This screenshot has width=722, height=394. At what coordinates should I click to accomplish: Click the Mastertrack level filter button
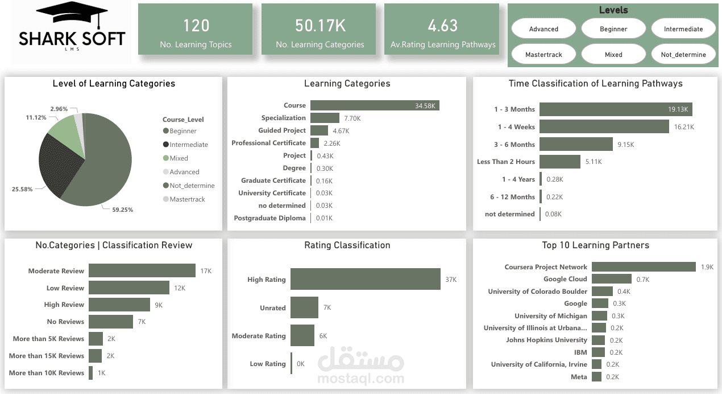coord(543,55)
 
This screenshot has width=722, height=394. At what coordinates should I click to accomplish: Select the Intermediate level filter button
coord(683,29)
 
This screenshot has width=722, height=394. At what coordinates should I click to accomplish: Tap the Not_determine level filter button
coord(683,55)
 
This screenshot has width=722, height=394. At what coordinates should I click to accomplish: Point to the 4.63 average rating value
coord(443,26)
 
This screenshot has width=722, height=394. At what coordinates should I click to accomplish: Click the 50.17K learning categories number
coord(319,26)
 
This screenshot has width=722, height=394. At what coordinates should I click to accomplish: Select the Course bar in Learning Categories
coord(375,105)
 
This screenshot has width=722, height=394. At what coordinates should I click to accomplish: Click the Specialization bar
coord(325,118)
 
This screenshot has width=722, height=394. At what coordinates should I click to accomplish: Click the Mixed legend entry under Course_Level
coord(179,158)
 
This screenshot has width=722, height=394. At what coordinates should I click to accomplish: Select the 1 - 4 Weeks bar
coord(604,127)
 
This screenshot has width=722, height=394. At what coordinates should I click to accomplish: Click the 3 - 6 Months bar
coord(576,144)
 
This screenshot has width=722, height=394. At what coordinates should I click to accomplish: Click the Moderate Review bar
coord(142,271)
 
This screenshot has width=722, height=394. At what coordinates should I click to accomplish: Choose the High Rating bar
coord(365,280)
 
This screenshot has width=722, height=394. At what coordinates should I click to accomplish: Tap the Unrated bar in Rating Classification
coord(304,307)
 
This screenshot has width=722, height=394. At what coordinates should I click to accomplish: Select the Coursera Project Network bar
coord(644,267)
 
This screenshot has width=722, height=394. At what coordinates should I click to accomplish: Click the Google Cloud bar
coord(611,279)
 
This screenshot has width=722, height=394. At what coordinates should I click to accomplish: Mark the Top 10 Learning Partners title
coord(595,245)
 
